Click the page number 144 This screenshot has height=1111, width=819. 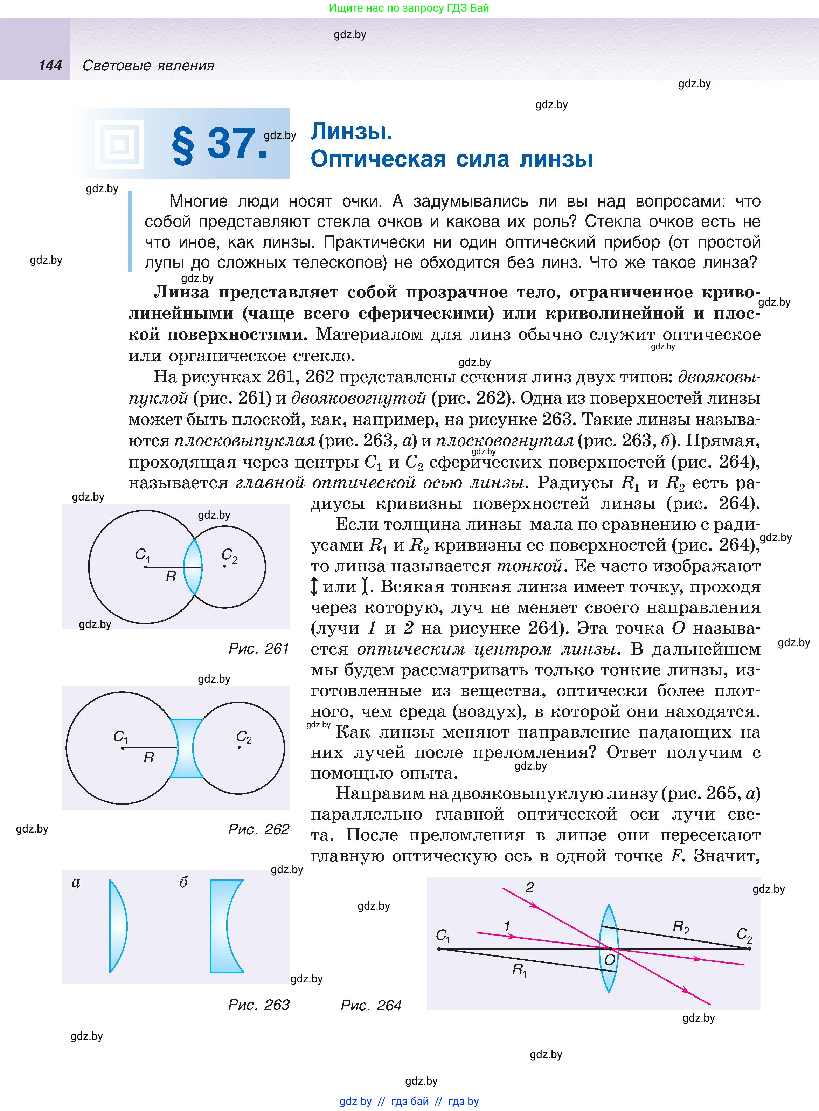pos(50,65)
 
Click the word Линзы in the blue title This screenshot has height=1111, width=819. pos(351,131)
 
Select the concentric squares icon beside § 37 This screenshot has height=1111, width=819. pos(119,145)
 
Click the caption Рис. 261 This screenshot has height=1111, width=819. pos(258,648)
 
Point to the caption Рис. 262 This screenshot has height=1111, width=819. pos(258,829)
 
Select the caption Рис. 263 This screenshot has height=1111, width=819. pos(258,1005)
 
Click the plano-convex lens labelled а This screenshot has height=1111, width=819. pos(118,926)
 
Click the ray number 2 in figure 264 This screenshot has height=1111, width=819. pos(529,888)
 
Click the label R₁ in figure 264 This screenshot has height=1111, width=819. pos(519,969)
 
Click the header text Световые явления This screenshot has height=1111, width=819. pos(148,65)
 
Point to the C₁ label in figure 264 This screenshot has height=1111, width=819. pos(443,936)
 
